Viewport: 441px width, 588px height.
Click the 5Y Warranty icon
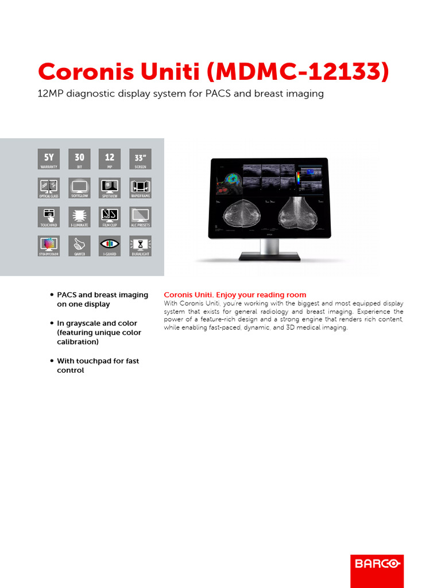coord(48,159)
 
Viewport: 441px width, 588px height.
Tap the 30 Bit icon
coord(79,159)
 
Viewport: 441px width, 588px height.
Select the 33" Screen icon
coord(140,159)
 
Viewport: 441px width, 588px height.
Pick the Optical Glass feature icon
coord(48,188)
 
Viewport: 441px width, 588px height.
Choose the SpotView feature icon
coord(110,188)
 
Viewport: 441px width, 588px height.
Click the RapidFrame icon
coord(140,188)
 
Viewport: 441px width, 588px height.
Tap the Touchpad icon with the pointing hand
coord(48,217)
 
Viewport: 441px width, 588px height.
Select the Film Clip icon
coord(110,217)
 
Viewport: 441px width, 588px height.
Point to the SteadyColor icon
coord(48,246)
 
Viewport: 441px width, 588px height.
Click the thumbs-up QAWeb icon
coord(79,246)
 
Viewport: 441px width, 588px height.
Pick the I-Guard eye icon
coord(110,246)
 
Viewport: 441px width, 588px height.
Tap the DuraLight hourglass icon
coord(140,246)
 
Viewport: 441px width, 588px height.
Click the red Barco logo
coord(377,563)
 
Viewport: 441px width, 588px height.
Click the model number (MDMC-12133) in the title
coord(297,72)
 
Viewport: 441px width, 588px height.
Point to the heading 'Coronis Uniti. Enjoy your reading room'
coord(235,295)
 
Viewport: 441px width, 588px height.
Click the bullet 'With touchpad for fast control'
coord(98,366)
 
